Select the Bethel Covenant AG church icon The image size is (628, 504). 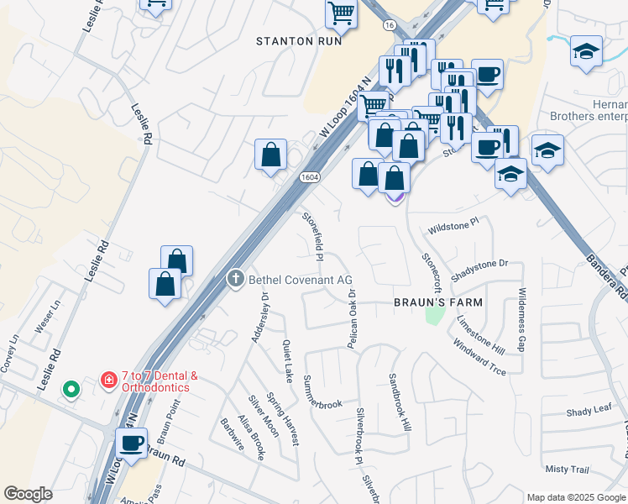237,279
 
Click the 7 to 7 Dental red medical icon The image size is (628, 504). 108,381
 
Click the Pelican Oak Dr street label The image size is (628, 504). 353,318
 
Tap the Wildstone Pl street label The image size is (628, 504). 453,226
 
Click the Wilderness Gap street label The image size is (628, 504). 521,319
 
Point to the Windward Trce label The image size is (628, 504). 479,358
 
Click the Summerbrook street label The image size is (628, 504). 323,392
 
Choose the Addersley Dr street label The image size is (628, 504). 259,318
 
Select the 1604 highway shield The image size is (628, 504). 309,176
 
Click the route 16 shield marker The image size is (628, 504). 390,26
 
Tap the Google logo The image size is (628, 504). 28,494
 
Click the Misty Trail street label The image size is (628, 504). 568,469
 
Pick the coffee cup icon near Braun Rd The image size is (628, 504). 132,443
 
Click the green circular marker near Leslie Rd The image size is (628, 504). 71,389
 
